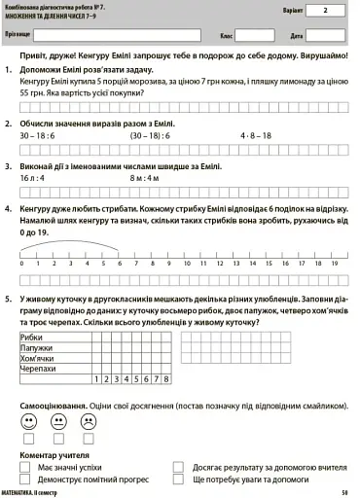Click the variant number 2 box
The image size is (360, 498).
click(x=325, y=13)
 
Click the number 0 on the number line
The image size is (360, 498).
click(x=21, y=263)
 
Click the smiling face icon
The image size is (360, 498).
click(x=27, y=421)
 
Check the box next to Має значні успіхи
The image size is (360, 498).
click(x=27, y=467)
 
